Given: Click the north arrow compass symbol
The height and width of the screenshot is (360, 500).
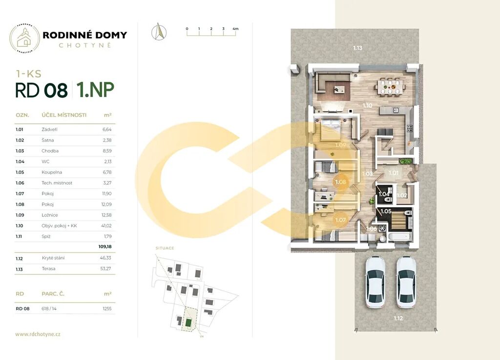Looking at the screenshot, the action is pyautogui.click(x=159, y=32).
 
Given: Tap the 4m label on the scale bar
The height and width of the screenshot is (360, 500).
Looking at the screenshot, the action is pyautogui.click(x=235, y=29).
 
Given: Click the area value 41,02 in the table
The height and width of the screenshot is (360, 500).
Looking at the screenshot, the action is pyautogui.click(x=106, y=226).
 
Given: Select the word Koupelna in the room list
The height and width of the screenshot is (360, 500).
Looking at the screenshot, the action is pyautogui.click(x=52, y=172).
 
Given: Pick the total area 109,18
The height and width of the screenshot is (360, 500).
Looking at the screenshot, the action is pyautogui.click(x=105, y=247).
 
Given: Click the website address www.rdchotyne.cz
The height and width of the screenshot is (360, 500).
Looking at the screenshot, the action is pyautogui.click(x=38, y=335).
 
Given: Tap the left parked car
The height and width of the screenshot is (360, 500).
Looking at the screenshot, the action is pyautogui.click(x=375, y=282).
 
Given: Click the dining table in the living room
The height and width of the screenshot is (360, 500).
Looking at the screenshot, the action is pyautogui.click(x=391, y=86).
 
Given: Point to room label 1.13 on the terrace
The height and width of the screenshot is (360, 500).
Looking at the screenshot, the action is pyautogui.click(x=357, y=48).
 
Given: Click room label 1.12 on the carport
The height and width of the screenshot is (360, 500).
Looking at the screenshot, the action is pyautogui.click(x=398, y=318).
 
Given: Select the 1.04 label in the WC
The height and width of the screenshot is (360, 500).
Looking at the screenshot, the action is pyautogui.click(x=384, y=194).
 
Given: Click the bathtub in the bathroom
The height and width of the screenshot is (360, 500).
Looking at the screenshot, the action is pyautogui.click(x=399, y=237).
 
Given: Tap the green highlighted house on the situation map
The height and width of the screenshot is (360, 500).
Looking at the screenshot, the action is pyautogui.click(x=188, y=323).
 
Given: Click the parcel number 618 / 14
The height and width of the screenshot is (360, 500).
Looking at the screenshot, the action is pyautogui.click(x=49, y=309).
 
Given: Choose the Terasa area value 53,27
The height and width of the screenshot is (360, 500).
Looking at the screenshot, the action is pyautogui.click(x=105, y=269).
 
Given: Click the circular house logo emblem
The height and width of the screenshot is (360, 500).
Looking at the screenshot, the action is pyautogui.click(x=24, y=38).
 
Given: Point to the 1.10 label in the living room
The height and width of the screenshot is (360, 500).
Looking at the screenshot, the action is pyautogui.click(x=367, y=105).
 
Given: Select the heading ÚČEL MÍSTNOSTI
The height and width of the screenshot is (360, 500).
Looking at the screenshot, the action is pyautogui.click(x=64, y=115).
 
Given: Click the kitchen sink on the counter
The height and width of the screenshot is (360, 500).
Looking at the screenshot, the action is pyautogui.click(x=396, y=111).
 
